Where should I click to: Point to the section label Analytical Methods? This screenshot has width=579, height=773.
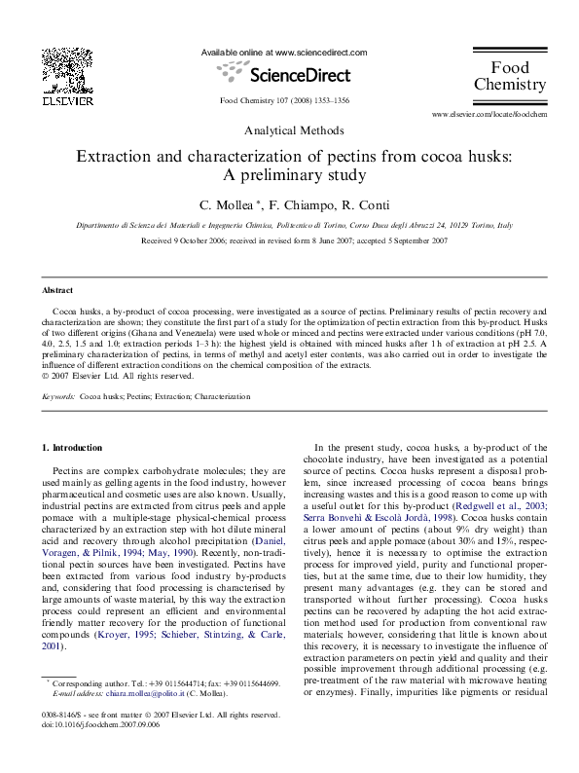pyautogui.click(x=289, y=129)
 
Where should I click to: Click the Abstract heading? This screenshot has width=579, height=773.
pyautogui.click(x=56, y=291)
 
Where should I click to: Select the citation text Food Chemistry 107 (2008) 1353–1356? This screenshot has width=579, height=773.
pyautogui.click(x=285, y=100)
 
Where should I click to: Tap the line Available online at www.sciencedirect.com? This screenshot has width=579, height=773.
pyautogui.click(x=283, y=52)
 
